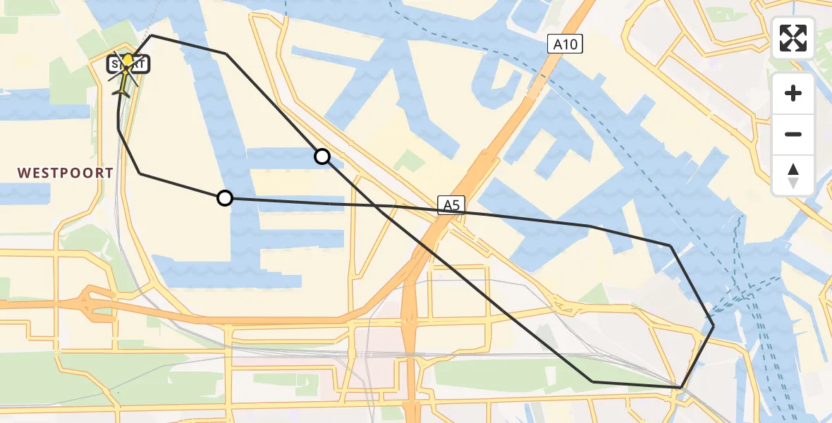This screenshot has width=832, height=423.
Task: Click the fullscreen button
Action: click(793, 38)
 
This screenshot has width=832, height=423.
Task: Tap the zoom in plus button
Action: click(793, 93)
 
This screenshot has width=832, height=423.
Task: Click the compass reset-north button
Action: click(793, 176)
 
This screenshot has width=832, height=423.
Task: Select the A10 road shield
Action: click(565, 45)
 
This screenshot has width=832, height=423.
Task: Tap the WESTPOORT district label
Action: click(66, 173)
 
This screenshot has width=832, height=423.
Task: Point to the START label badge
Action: click(128, 65)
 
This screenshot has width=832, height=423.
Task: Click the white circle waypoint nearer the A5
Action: click(322, 157)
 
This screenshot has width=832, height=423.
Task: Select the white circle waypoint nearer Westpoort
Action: click(225, 199)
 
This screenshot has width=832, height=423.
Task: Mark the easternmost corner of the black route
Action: click(714, 326)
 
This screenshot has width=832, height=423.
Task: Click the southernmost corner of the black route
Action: click(681, 388)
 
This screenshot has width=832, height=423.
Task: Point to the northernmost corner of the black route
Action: click(152, 35)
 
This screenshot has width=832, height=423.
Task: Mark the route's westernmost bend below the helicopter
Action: click(118, 128)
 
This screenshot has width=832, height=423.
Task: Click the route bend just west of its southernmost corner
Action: click(593, 381)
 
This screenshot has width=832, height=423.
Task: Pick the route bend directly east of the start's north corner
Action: click(226, 54)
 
